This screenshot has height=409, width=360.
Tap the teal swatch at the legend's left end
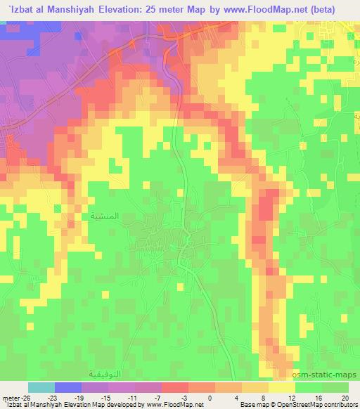(41, 387)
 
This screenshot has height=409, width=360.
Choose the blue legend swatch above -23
(67, 387)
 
